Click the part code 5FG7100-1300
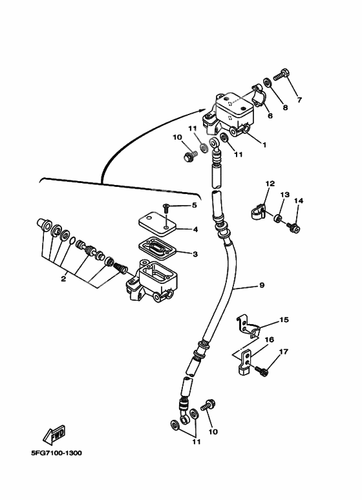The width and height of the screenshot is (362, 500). pos(55,452)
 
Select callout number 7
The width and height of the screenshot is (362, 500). pos(299,100)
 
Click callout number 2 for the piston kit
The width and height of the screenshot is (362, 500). pos(63,279)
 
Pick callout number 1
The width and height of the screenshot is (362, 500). pos(264,144)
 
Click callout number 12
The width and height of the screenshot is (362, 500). pos(270,184)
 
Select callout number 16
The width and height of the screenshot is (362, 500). pos(269,340)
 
